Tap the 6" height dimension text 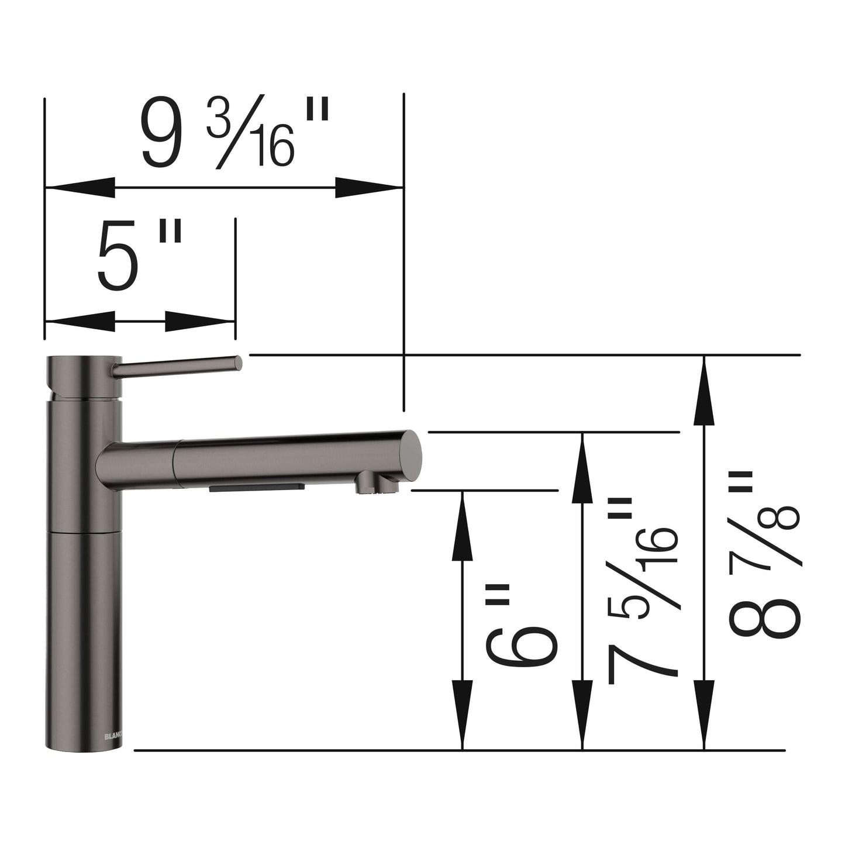520,626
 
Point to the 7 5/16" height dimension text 643,591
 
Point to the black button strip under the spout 257,487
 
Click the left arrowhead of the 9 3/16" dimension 79,188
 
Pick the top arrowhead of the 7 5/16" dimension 582,468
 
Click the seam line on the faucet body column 84,533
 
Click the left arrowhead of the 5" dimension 79,321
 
